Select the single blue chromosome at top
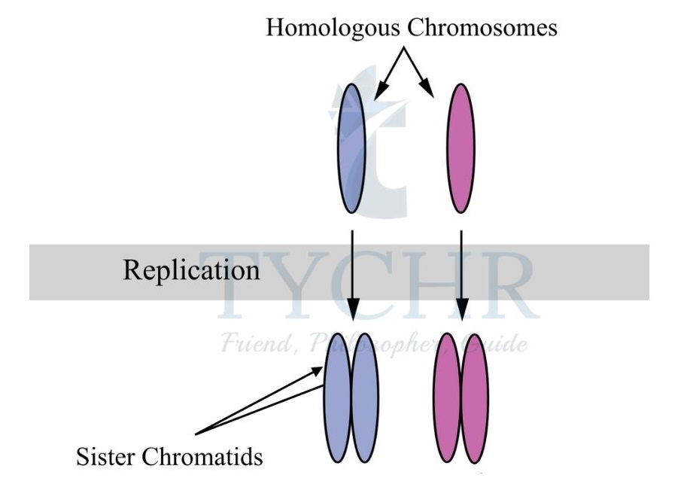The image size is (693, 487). (x=351, y=148)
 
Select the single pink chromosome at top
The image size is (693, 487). (x=460, y=148)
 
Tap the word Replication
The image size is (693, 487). (x=192, y=270)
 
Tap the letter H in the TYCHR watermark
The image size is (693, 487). (x=430, y=285)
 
